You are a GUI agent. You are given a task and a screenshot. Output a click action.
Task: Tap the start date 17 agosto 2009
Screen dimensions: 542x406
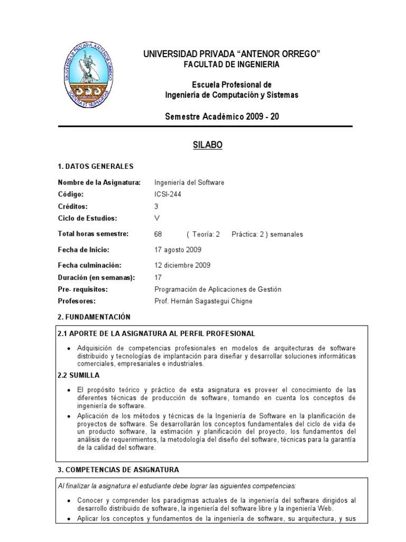(x=178, y=249)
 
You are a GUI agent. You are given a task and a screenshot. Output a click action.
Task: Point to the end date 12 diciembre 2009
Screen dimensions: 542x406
(x=182, y=265)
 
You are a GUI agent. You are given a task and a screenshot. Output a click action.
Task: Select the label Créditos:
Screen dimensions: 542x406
(x=73, y=206)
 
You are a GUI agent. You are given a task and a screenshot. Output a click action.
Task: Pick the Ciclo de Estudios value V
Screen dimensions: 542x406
(x=156, y=218)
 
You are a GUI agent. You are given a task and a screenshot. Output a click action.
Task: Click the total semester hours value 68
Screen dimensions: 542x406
(x=158, y=234)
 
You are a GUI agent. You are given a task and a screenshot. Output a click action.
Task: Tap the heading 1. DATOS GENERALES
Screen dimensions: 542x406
(x=95, y=166)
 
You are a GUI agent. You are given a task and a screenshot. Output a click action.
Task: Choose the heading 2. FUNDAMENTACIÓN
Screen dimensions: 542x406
(x=94, y=317)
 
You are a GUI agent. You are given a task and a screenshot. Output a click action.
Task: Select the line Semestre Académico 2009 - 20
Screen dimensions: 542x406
(x=222, y=116)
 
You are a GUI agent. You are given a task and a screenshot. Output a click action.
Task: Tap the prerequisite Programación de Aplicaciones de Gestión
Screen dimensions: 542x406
(x=218, y=290)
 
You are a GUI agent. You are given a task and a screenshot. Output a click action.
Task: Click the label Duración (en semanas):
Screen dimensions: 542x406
(x=96, y=277)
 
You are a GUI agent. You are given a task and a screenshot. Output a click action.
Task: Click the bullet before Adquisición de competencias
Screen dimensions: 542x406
(x=70, y=348)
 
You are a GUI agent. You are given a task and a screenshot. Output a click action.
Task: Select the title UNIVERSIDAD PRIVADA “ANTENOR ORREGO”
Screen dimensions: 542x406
(x=232, y=54)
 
